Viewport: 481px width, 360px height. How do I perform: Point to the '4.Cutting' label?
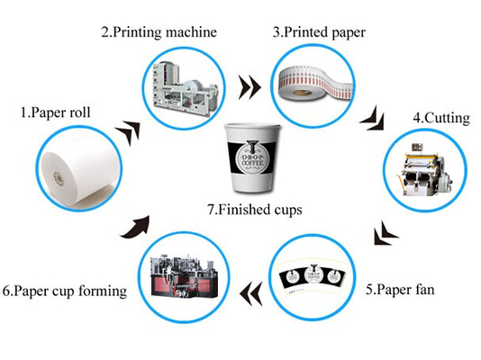[x=439, y=118]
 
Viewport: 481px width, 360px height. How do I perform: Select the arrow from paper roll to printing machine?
[x=131, y=130]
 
